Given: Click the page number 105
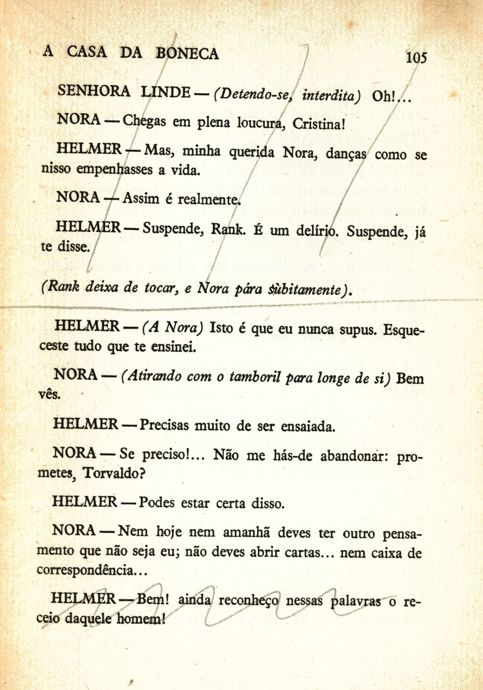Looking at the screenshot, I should pos(416,57).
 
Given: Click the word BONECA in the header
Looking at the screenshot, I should pos(187,53).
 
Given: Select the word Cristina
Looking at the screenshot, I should pos(319,124).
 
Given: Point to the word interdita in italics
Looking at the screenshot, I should pos(331,95).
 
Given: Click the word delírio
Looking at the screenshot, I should pos(317,230).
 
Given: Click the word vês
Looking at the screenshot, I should pos(49,394).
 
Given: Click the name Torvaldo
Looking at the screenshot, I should pos(114,472).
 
